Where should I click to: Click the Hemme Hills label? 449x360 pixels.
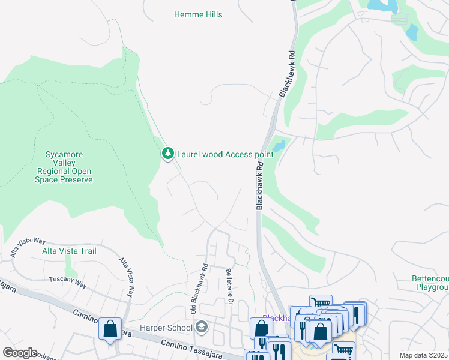(198, 14)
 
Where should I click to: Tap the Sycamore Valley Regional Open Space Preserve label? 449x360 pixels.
(70, 167)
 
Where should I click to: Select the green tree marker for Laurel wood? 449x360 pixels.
(168, 154)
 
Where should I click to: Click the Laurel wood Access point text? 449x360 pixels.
(224, 154)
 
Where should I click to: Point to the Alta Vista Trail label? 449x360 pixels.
(69, 251)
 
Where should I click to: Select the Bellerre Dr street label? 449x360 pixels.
(229, 281)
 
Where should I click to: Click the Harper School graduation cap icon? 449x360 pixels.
(202, 327)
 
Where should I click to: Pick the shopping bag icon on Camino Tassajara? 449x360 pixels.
(110, 329)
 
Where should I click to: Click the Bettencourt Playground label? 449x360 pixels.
(430, 283)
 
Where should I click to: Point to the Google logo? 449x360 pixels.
(20, 352)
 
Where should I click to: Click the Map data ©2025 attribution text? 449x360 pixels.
(423, 355)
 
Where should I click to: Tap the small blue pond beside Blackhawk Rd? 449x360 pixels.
(278, 146)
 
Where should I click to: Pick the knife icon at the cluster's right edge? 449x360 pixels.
(355, 313)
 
